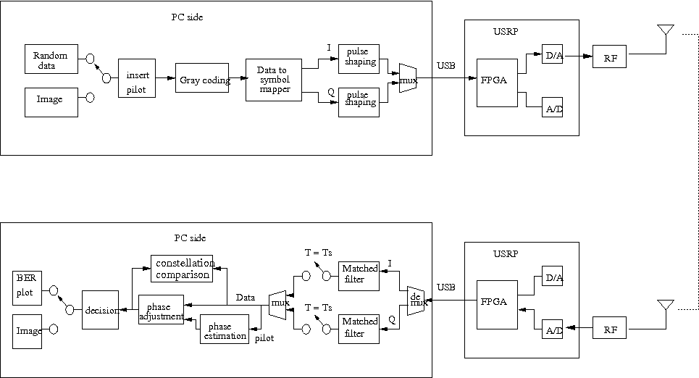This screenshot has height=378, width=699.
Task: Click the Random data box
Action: coord(50,59)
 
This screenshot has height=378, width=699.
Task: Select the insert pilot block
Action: coord(137,78)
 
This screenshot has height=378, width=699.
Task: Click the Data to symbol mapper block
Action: coord(273,79)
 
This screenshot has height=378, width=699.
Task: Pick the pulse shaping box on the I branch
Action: coord(361,57)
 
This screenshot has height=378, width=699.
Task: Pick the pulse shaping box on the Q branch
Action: coord(361,98)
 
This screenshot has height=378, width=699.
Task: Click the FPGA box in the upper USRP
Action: coord(496,81)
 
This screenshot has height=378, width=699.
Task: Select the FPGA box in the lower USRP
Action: coord(496,302)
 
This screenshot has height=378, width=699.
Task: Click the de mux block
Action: coord(416,300)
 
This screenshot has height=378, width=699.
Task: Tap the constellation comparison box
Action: coord(183,269)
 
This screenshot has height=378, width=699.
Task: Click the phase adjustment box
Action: coord(161,309)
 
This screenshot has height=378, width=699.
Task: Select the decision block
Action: coord(100,310)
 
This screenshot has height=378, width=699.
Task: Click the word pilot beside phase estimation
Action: coord(266,337)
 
